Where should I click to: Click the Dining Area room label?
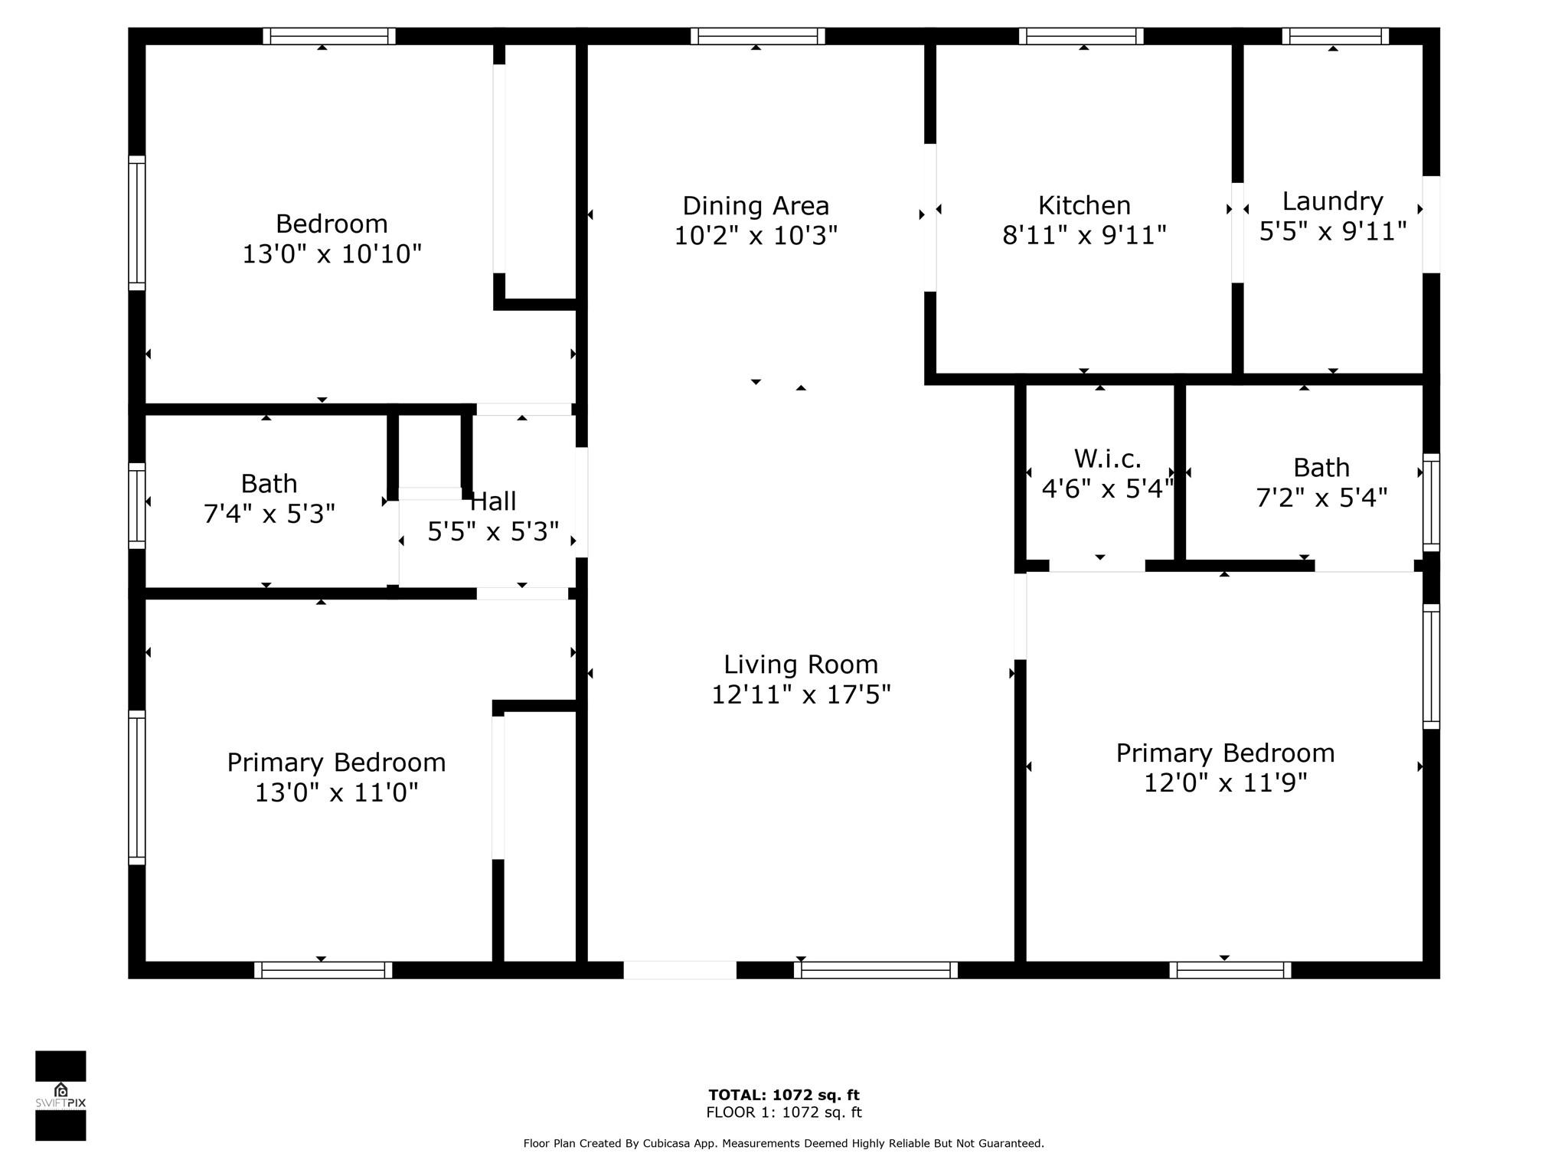click(x=756, y=206)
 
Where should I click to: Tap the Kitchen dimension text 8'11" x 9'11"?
click(x=1084, y=235)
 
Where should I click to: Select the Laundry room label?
click(x=1332, y=201)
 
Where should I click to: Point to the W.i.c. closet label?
click(x=1108, y=459)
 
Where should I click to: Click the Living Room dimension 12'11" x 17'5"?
click(x=801, y=694)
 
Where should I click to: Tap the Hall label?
click(x=493, y=501)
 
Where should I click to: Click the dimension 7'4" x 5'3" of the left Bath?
click(x=269, y=514)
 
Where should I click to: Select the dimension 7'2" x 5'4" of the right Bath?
click(x=1321, y=498)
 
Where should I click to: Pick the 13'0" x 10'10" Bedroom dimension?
click(x=332, y=253)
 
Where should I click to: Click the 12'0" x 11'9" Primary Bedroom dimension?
click(x=1225, y=782)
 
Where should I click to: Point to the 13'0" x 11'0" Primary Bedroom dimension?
click(x=336, y=792)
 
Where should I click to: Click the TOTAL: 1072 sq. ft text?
click(x=784, y=1095)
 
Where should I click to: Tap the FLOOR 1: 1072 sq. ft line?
click(x=784, y=1112)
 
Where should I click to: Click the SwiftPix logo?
click(x=60, y=1096)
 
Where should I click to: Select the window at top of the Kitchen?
click(x=1081, y=36)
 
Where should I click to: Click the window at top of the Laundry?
click(x=1335, y=36)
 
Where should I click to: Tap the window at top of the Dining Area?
click(x=757, y=36)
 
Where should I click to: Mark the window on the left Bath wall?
click(x=136, y=505)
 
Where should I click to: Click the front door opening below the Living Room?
click(x=680, y=970)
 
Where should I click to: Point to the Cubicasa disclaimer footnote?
click(x=783, y=1143)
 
